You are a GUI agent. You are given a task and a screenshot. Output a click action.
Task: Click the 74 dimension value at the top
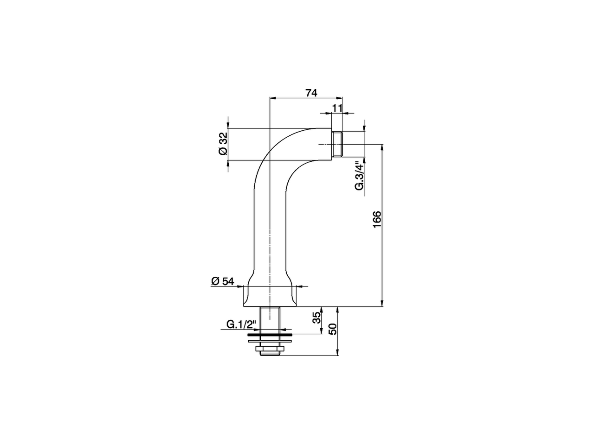(x=311, y=93)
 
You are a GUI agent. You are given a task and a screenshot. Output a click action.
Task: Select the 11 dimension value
(x=337, y=108)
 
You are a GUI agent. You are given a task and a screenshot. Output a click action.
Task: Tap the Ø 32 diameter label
(x=222, y=144)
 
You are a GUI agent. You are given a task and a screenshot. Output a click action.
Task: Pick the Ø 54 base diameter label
(x=223, y=281)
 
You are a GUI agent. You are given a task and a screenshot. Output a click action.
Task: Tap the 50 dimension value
(x=332, y=330)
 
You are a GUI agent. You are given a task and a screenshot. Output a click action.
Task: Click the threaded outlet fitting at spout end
(x=337, y=145)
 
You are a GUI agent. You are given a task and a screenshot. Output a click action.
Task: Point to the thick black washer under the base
(x=270, y=333)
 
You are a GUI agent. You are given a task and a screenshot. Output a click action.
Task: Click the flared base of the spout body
(x=270, y=294)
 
